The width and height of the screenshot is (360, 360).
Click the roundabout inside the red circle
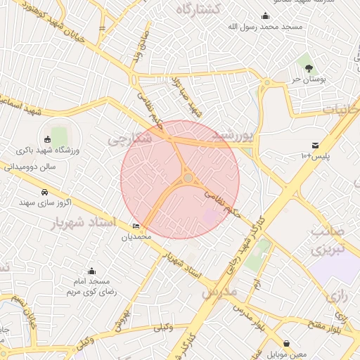pyautogui.click(x=188, y=178)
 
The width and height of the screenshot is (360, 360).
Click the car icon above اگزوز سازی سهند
pyautogui.click(x=44, y=192)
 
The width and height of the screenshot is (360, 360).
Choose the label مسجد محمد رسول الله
pyautogui.click(x=265, y=27)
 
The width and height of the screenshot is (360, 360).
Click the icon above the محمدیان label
pyautogui.click(x=136, y=226)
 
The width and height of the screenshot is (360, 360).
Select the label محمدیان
pyautogui.click(x=136, y=237)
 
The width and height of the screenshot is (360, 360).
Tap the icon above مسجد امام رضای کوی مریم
pyautogui.click(x=91, y=271)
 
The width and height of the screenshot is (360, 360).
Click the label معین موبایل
pyautogui.click(x=287, y=354)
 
